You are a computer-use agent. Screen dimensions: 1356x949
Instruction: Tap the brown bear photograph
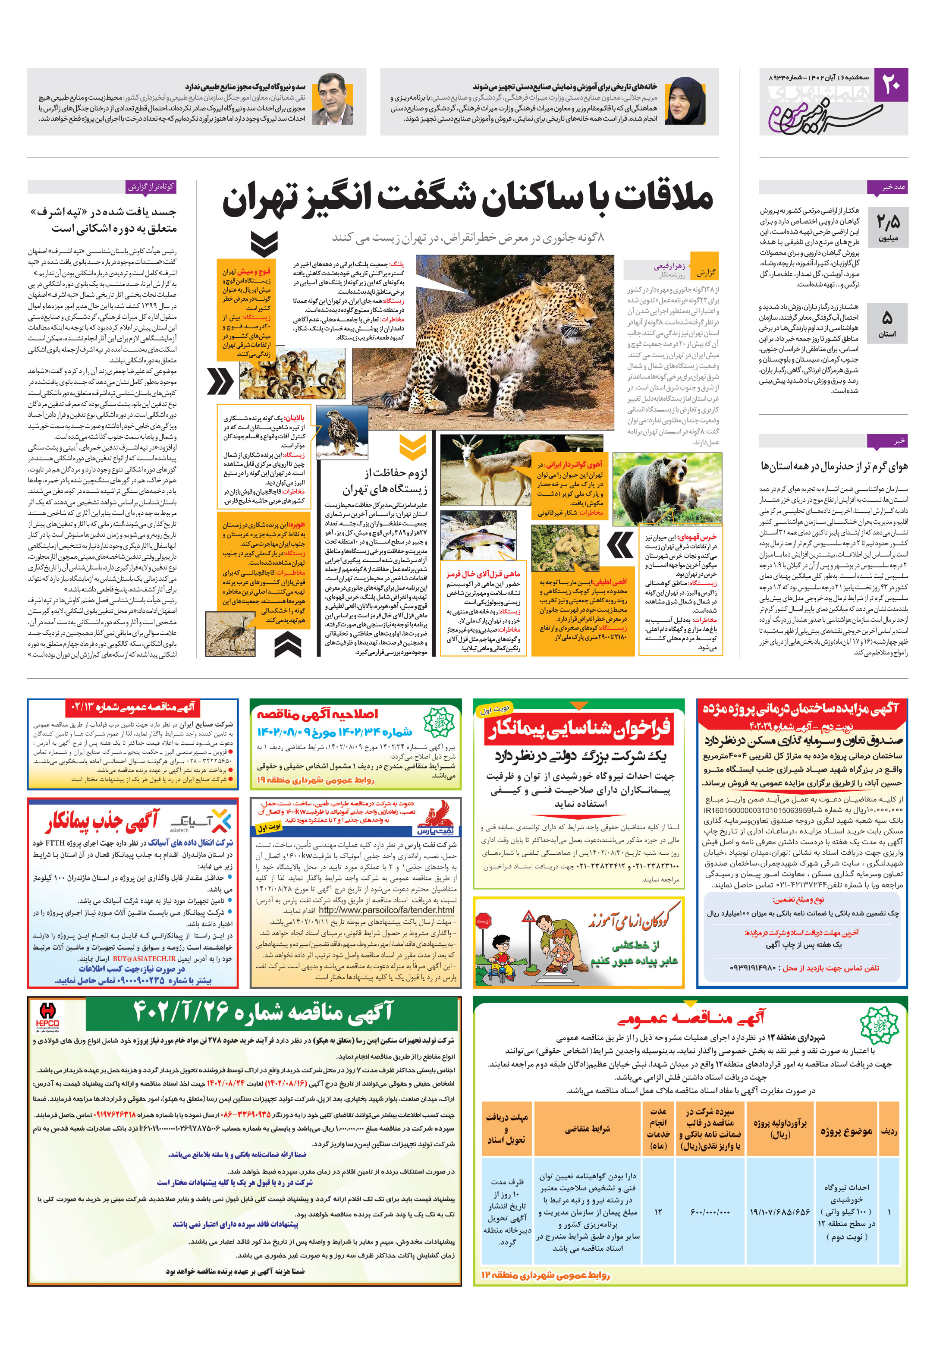666,482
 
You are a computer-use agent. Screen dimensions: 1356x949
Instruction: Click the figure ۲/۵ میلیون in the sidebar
888,227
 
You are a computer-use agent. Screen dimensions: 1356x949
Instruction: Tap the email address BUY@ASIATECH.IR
144,959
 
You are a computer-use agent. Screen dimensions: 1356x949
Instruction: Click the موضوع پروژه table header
845,1131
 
